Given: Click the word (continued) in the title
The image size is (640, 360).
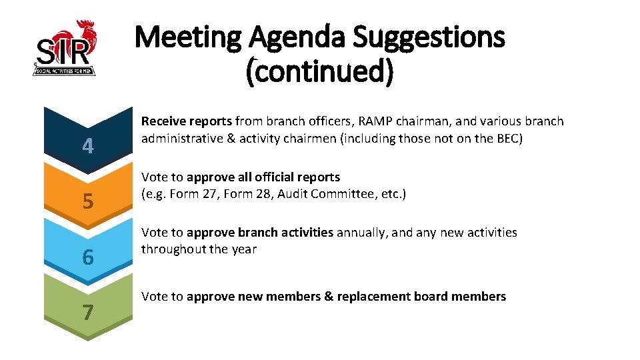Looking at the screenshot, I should pyautogui.click(x=320, y=70).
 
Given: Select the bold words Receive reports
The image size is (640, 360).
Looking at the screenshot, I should pyautogui.click(x=187, y=121).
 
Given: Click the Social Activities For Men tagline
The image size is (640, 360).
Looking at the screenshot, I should pyautogui.click(x=65, y=70).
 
